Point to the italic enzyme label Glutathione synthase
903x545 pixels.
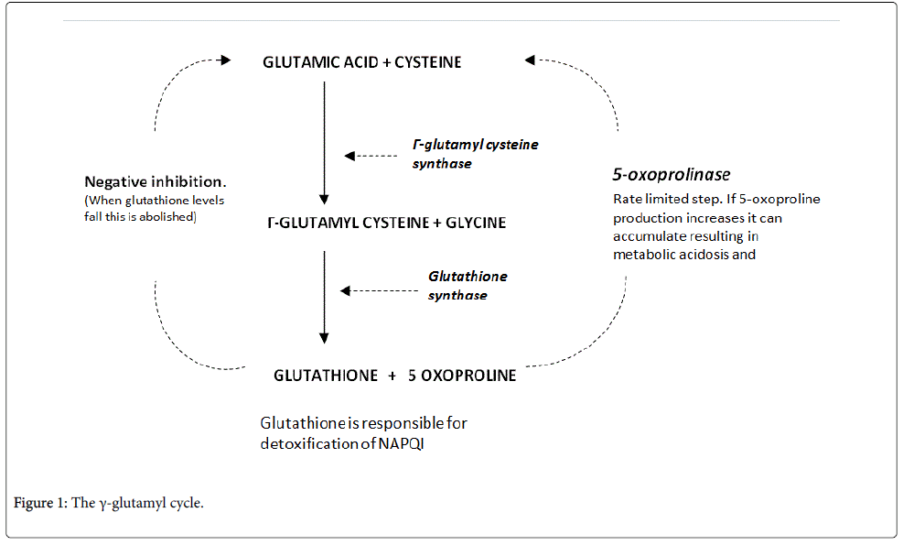pos(467,285)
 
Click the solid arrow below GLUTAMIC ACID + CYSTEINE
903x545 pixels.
pos(323,142)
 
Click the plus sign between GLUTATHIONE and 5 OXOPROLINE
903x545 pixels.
pos(392,376)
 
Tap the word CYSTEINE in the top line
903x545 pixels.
pos(428,63)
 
